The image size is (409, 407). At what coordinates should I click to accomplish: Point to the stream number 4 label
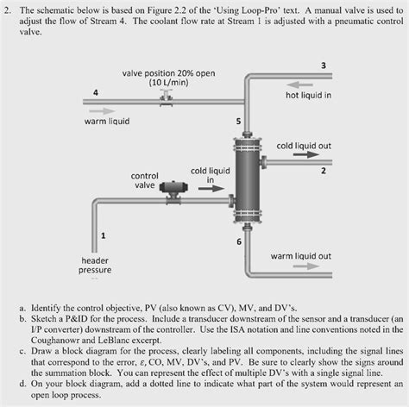pyautogui.click(x=96, y=92)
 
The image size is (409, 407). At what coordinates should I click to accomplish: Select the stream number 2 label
pyautogui.click(x=323, y=170)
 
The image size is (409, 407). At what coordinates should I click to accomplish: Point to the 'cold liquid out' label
pyautogui.click(x=304, y=146)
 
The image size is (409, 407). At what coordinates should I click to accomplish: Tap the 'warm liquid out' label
pyautogui.click(x=300, y=256)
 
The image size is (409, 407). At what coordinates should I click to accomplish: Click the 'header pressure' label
pyautogui.click(x=95, y=265)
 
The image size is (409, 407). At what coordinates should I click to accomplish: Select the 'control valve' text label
pyautogui.click(x=144, y=180)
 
